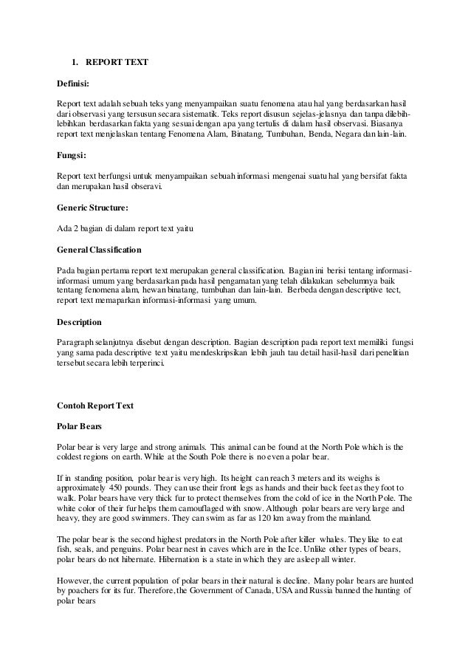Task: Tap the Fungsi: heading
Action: coord(72,156)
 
